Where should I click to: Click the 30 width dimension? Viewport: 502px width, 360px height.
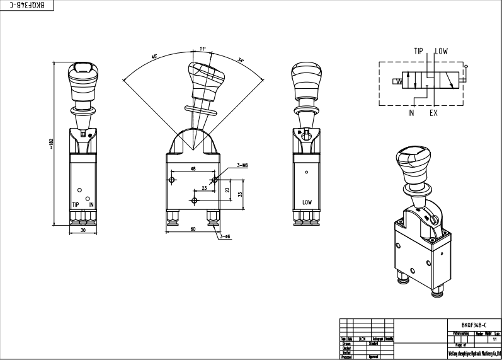coord(83,231)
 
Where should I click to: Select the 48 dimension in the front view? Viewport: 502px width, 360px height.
coord(193,169)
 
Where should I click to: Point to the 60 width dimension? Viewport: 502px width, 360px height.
coord(192,229)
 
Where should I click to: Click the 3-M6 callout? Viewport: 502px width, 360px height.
coord(242,165)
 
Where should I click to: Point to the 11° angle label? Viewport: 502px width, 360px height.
coord(202,48)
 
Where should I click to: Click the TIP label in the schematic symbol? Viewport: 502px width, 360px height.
coord(419,52)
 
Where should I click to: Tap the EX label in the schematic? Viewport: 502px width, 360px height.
coord(433,113)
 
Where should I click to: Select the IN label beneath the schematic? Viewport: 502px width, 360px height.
coord(411,113)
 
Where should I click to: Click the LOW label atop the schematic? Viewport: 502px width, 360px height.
coord(440,52)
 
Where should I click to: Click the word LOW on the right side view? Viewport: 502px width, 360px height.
coord(307,202)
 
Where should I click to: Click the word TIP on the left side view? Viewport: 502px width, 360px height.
coord(76,205)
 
